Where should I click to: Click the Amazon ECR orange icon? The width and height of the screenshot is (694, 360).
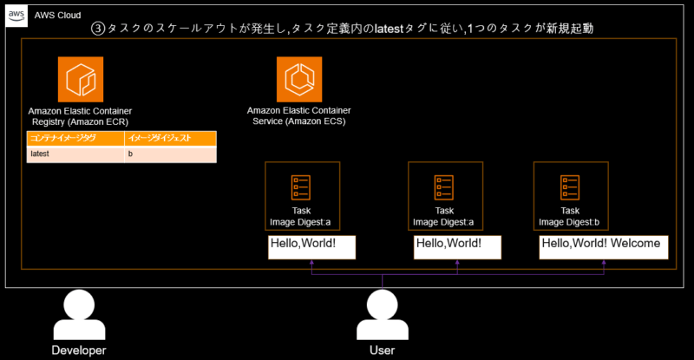[81, 79]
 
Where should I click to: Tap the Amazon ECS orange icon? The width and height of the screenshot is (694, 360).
[299, 79]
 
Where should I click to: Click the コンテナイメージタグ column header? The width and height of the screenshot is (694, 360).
[74, 138]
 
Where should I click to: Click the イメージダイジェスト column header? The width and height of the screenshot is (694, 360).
[168, 138]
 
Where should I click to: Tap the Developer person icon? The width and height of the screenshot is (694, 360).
[78, 314]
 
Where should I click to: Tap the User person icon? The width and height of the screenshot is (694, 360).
[382, 314]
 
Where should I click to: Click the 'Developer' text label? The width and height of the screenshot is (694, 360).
[78, 350]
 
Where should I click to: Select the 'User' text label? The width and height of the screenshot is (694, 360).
[382, 350]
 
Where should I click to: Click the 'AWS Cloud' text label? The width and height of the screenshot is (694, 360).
[57, 15]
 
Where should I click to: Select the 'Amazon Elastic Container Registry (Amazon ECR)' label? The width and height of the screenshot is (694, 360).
[81, 116]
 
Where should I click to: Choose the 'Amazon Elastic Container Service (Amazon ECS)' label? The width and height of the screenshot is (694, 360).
[299, 116]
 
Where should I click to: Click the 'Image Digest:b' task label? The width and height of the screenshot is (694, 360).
[570, 222]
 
